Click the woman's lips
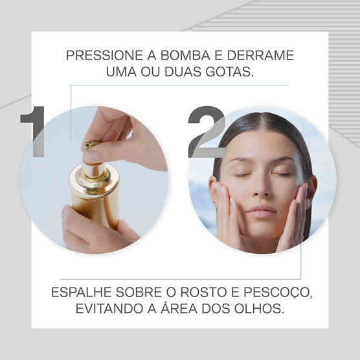tap(261, 212)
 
